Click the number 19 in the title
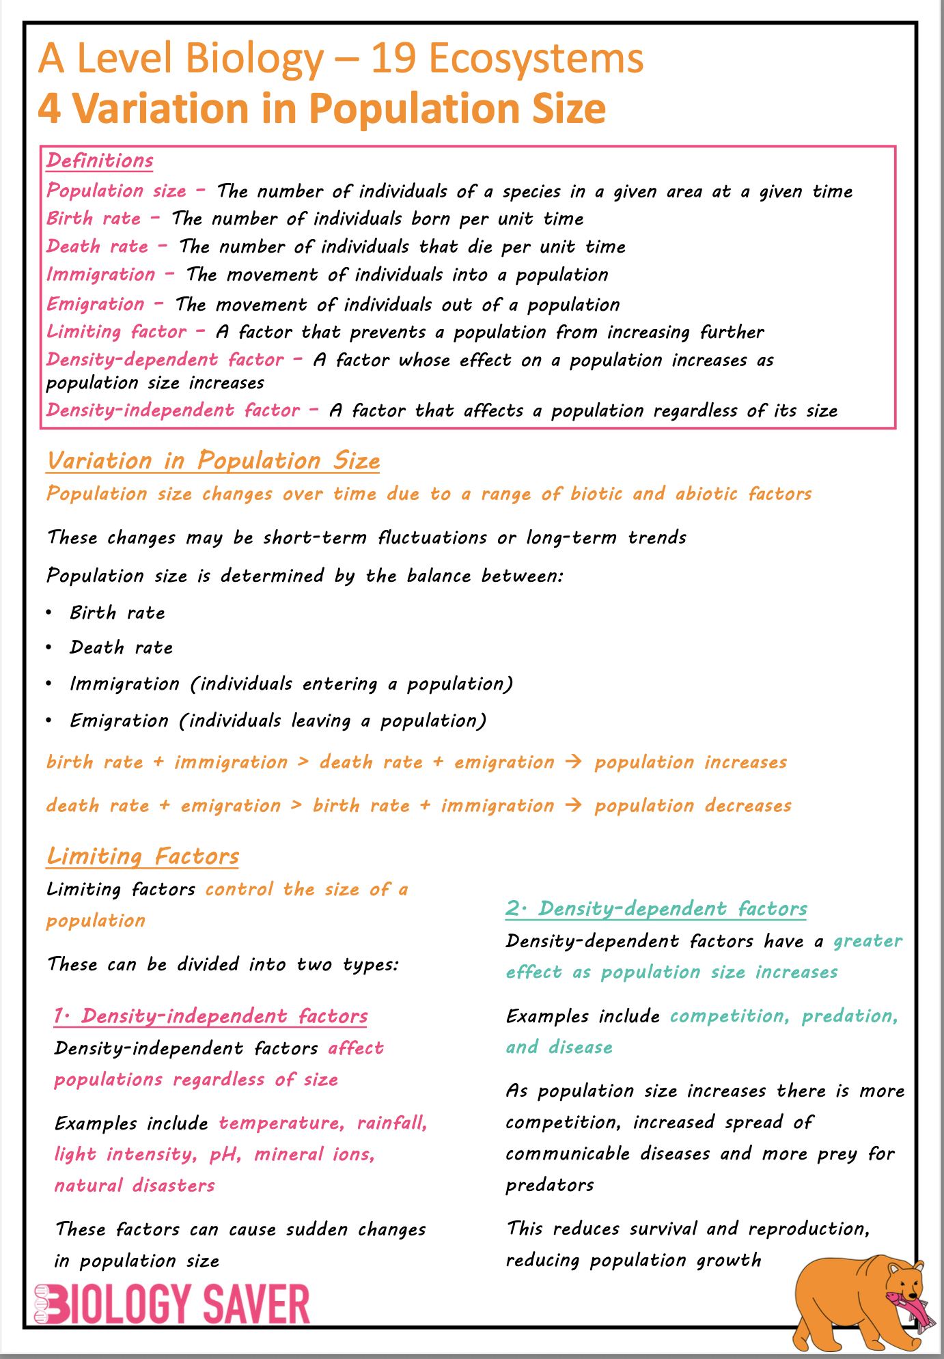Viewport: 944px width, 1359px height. pyautogui.click(x=392, y=59)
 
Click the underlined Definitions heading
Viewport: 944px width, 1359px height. pyautogui.click(x=100, y=161)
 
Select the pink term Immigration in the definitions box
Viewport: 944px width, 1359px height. pyautogui.click(x=101, y=275)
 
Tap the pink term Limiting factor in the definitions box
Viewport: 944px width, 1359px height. pyautogui.click(x=116, y=332)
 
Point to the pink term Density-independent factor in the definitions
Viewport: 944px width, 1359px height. pyautogui.click(x=173, y=410)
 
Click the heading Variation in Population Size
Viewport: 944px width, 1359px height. pyautogui.click(x=213, y=461)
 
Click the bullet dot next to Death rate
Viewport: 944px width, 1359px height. pyautogui.click(x=49, y=647)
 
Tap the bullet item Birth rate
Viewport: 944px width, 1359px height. pyautogui.click(x=117, y=613)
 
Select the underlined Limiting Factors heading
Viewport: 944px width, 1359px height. pyautogui.click(x=143, y=856)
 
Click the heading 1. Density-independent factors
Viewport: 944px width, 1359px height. pyautogui.click(x=211, y=1016)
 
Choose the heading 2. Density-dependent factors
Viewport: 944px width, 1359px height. pyautogui.click(x=656, y=909)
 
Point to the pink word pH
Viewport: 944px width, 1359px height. pyautogui.click(x=224, y=1154)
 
